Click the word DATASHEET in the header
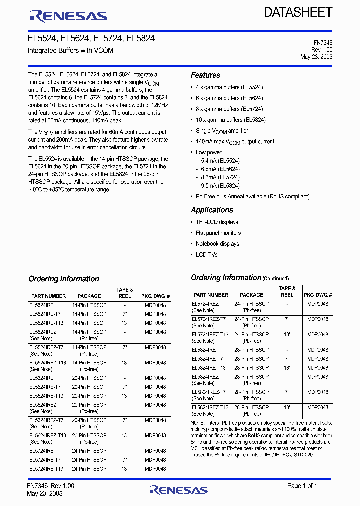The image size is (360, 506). tap(298, 12)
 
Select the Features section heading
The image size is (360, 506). tap(205, 75)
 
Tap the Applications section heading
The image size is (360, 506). tap(212, 210)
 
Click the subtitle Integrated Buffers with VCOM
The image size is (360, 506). tap(70, 51)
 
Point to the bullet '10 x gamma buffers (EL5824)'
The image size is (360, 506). tap(230, 120)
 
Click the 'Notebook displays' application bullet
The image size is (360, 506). tap(217, 244)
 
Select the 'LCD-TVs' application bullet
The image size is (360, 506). tap(206, 255)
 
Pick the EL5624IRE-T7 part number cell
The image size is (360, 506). tap(45, 387)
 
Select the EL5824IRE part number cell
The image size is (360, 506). tap(204, 350)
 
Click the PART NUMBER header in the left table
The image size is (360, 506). tap(47, 296)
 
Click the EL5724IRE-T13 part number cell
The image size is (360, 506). tap(46, 469)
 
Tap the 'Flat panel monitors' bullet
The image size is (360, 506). tap(218, 233)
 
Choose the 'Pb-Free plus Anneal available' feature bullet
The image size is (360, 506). tap(252, 196)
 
